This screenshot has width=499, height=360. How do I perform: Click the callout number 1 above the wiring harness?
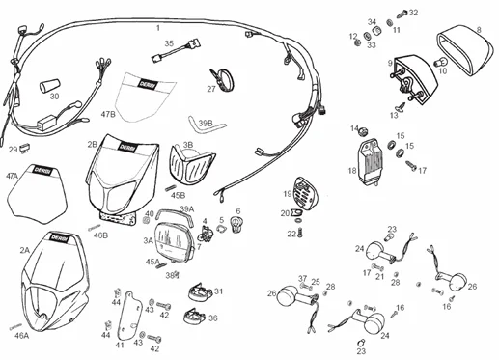coord(158,29)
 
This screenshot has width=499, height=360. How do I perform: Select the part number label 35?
coord(168,43)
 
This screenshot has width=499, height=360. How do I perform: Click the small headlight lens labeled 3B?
coord(190,165)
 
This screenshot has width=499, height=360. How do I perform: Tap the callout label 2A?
coord(24,249)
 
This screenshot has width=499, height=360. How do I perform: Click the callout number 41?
coord(120,345)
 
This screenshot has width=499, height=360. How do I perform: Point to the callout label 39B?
coord(205,125)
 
